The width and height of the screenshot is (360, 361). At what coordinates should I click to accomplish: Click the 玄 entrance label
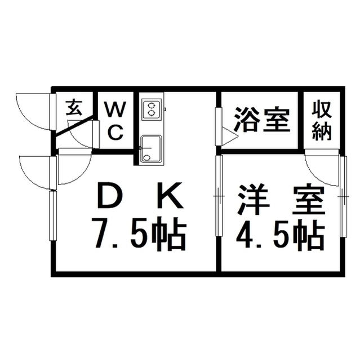[x=74, y=108]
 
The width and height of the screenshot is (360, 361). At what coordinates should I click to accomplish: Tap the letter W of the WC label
[x=115, y=109]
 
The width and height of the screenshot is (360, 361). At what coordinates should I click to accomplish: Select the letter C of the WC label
[x=115, y=133]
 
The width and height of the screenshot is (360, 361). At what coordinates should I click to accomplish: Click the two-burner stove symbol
[x=152, y=109]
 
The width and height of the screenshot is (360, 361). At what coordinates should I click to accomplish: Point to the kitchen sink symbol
[x=151, y=149]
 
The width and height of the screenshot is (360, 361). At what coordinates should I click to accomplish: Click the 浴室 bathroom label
[x=261, y=119]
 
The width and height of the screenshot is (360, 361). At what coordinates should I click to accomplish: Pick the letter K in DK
[x=171, y=195]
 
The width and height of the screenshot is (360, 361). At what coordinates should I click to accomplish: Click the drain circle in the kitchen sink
[x=146, y=158]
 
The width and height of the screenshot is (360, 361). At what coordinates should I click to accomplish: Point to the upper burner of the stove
[x=151, y=105]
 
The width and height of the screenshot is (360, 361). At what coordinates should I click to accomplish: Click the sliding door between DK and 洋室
[x=219, y=196]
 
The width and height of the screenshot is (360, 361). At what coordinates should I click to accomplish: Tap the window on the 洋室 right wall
[x=343, y=196]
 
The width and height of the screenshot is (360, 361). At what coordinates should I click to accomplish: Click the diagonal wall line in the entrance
[x=75, y=126]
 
